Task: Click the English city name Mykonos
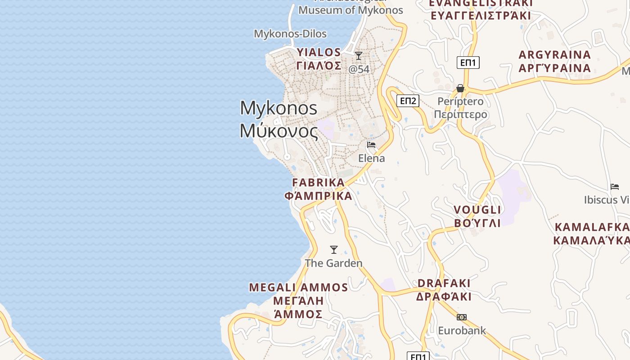coord(279,108)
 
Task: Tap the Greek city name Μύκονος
coord(279,130)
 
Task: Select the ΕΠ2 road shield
coord(408,101)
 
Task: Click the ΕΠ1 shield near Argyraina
coord(468,63)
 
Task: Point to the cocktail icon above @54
coord(359,56)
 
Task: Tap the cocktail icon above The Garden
coord(334,250)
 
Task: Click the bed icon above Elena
coord(371,145)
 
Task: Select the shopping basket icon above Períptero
coord(460,88)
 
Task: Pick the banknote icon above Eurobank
coord(462,317)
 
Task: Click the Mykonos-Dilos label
coord(290,34)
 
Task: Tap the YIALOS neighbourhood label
coord(319,53)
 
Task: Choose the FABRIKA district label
coord(319,183)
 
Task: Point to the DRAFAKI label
coord(444,283)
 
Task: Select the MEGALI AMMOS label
coord(299,288)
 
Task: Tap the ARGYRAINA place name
coord(554,55)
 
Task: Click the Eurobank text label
coord(462,331)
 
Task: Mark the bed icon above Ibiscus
coord(615,187)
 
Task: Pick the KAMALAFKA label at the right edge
coord(592,227)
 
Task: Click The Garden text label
coord(333,263)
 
